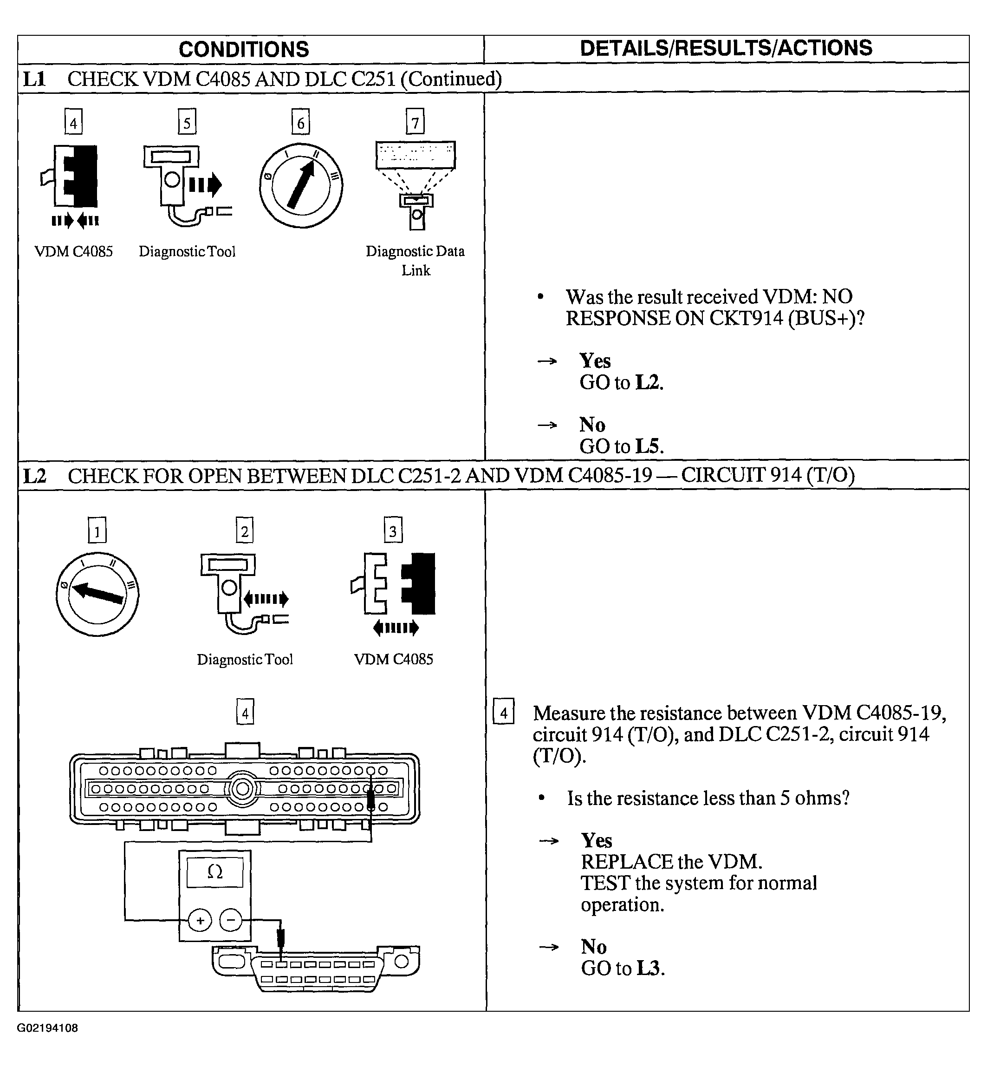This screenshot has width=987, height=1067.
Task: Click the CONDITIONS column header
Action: click(x=244, y=50)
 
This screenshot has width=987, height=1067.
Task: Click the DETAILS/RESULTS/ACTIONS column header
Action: click(x=725, y=48)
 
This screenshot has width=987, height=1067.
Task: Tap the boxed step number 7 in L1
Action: click(x=415, y=122)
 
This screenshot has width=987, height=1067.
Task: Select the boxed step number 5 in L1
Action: click(x=187, y=122)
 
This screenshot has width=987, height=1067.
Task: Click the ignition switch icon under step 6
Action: click(x=301, y=185)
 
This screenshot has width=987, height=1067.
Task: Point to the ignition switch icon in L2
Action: click(x=97, y=594)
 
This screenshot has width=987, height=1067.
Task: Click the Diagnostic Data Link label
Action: click(x=415, y=261)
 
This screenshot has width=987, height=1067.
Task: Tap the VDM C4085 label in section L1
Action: click(x=74, y=252)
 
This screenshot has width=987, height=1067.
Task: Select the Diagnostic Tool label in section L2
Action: click(x=245, y=659)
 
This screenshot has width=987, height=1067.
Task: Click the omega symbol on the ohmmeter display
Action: click(x=214, y=872)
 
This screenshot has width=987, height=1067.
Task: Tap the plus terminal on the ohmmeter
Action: click(x=200, y=921)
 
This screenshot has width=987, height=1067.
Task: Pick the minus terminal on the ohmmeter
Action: click(x=231, y=921)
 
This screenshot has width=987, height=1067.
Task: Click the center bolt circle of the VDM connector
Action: click(x=242, y=789)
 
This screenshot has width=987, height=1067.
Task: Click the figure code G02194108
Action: click(x=47, y=1028)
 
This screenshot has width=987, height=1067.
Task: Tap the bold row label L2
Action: click(x=35, y=476)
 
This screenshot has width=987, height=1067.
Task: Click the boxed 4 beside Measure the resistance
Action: click(x=503, y=713)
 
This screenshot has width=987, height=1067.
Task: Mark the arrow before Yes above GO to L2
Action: click(x=547, y=362)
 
